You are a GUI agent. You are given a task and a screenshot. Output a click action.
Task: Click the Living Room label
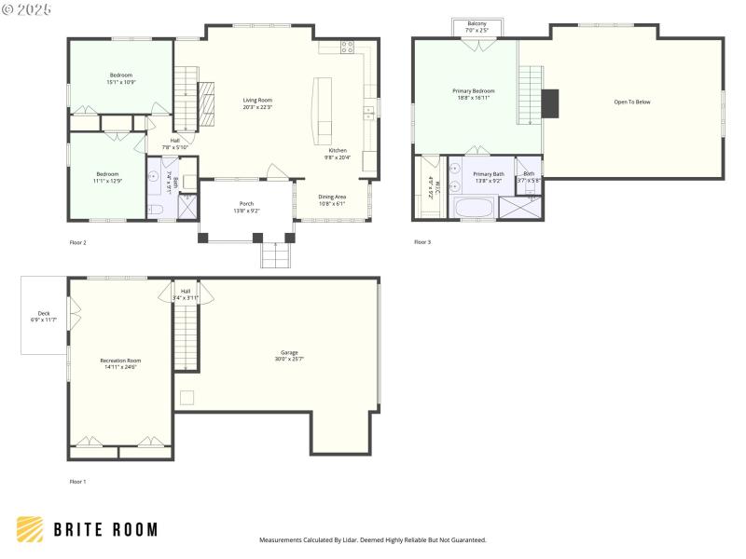point(257,100)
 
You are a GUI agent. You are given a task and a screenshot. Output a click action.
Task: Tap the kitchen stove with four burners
point(347,47)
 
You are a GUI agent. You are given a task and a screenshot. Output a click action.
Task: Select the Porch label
point(246,203)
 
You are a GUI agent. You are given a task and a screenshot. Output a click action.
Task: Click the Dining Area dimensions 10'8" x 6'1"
point(332,204)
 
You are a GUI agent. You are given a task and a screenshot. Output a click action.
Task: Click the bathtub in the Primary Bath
point(477,207)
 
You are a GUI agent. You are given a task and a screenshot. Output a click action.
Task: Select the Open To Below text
point(631,102)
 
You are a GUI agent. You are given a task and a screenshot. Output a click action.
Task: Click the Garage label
point(289,352)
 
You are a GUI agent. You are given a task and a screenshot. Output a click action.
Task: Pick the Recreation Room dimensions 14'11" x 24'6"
point(119,367)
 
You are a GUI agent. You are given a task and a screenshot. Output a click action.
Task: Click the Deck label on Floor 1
point(44,313)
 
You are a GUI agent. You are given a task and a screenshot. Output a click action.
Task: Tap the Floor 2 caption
point(78,242)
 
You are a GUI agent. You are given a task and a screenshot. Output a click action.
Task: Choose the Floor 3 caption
point(422,242)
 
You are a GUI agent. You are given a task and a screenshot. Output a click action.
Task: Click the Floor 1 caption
point(78,482)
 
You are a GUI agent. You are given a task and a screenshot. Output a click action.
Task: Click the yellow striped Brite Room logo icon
point(30,529)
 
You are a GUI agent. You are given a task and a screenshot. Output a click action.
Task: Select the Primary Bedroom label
point(474,90)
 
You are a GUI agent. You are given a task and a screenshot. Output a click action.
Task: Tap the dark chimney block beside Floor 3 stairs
point(550,102)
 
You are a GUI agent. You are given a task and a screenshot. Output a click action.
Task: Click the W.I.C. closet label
point(431,185)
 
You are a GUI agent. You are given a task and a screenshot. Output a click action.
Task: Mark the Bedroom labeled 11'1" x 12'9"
point(108,174)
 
